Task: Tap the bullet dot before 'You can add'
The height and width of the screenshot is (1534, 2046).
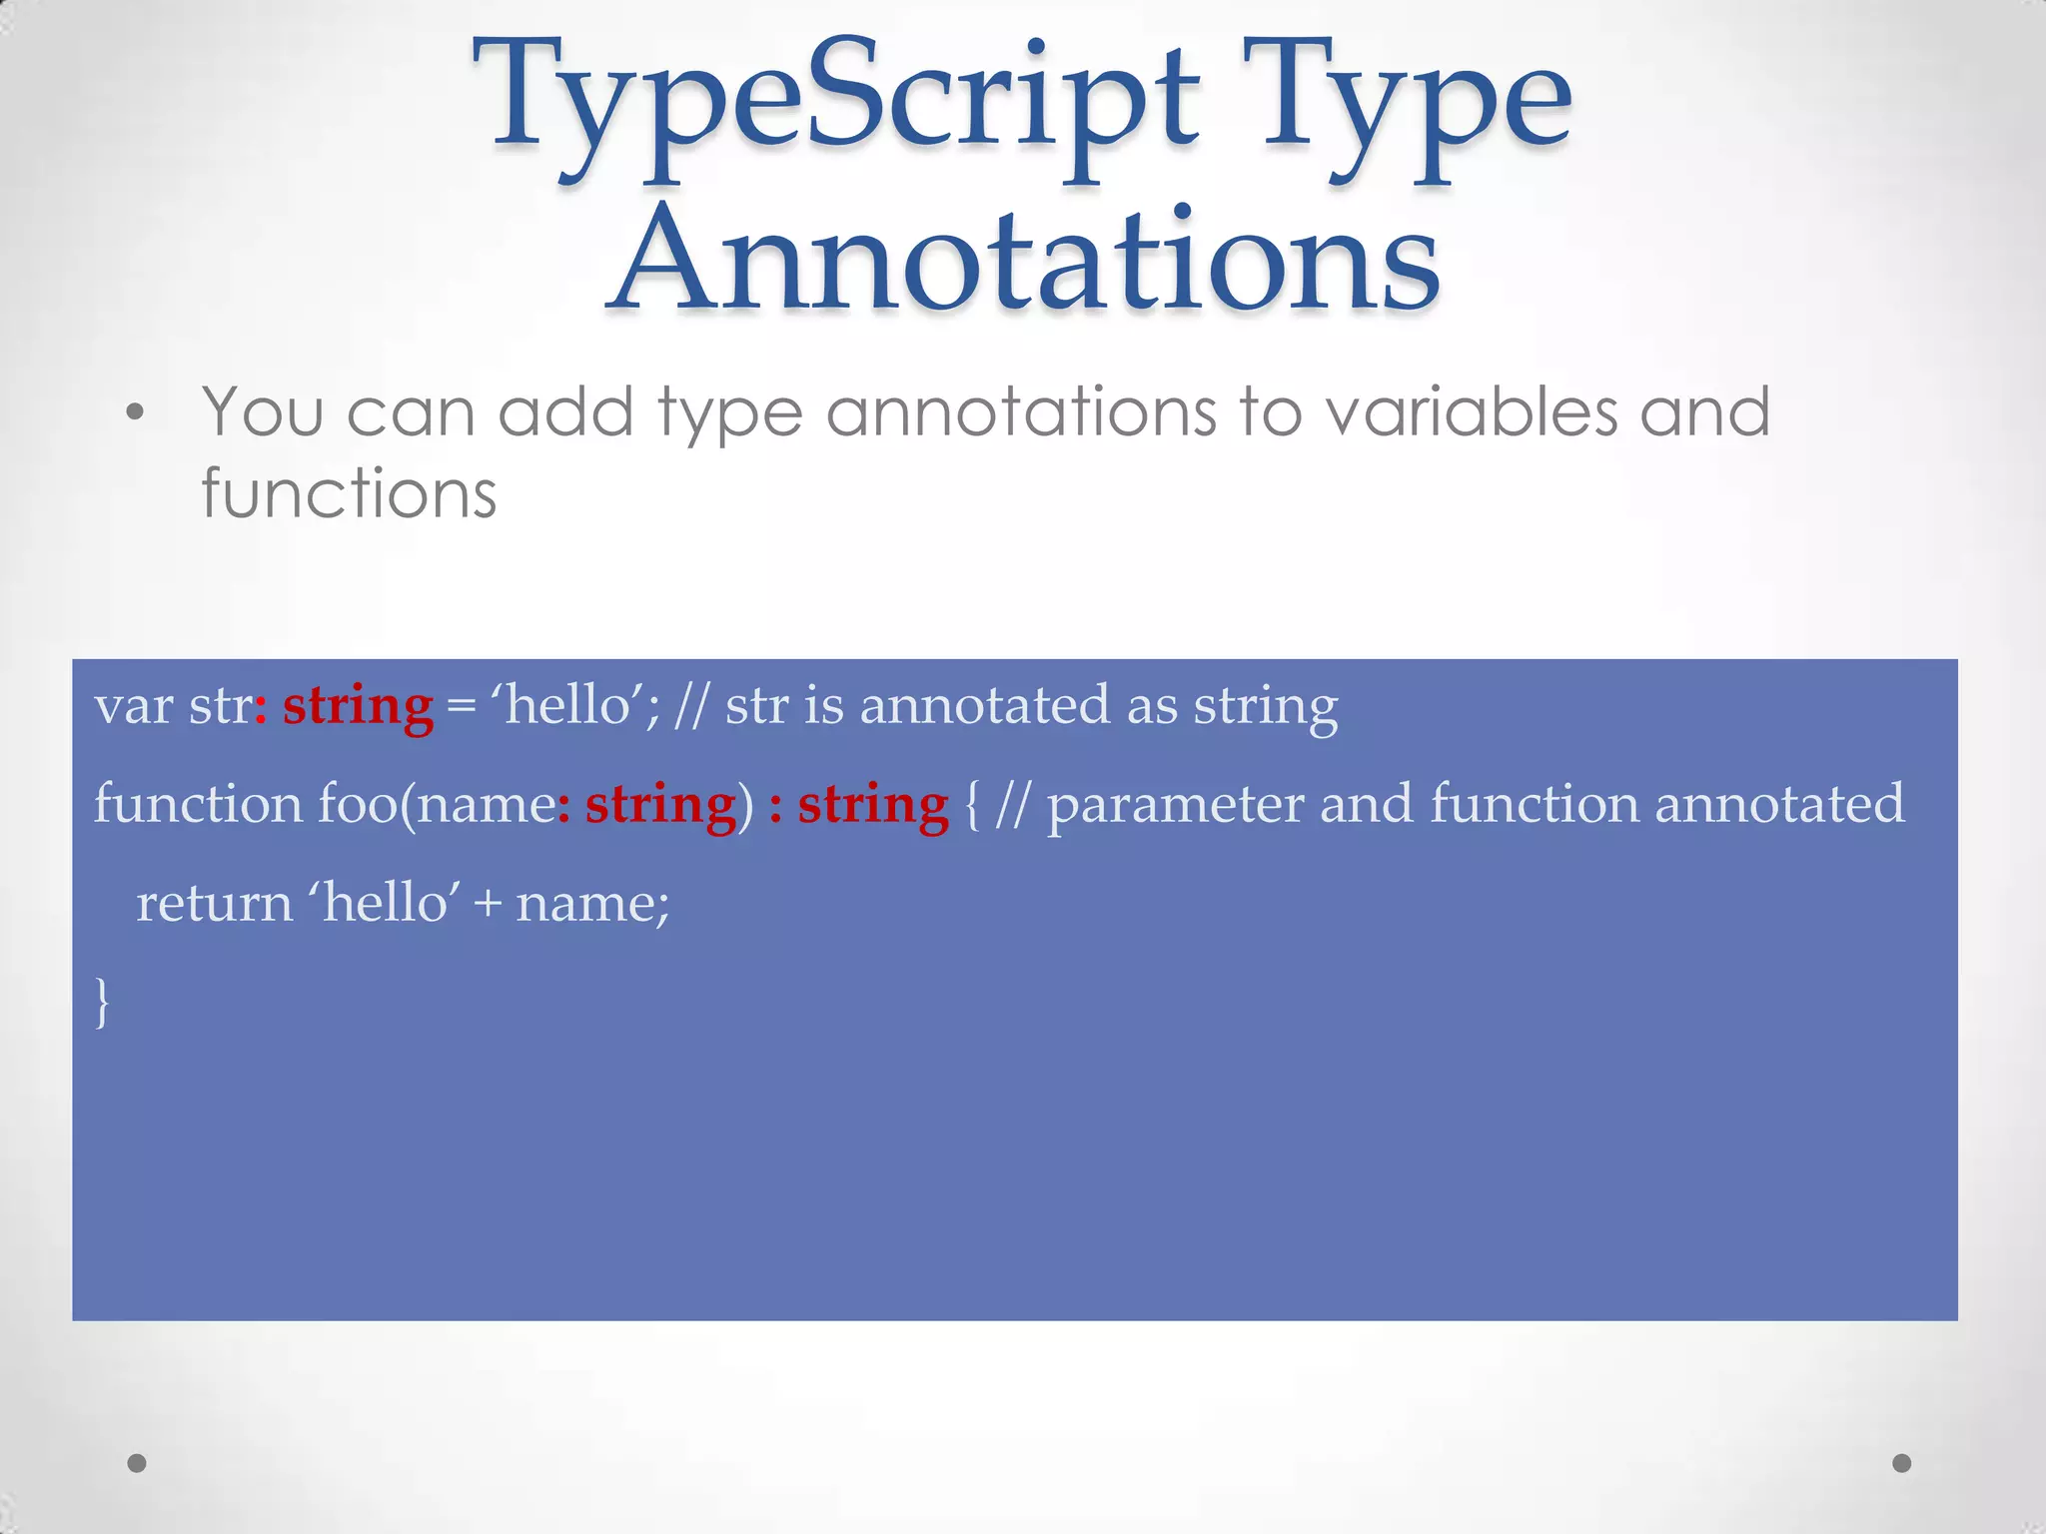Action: pos(136,412)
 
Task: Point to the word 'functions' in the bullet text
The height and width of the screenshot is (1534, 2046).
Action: pos(349,493)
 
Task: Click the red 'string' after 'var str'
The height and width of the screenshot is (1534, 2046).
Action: pos(358,707)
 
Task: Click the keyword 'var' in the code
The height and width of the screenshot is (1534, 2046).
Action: pos(133,707)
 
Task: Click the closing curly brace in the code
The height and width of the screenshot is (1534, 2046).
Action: pos(101,1002)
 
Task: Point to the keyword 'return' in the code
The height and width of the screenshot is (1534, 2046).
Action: pos(214,904)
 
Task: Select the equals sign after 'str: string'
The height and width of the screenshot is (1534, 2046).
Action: pos(461,707)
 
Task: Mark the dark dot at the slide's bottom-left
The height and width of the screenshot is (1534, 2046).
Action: pos(137,1463)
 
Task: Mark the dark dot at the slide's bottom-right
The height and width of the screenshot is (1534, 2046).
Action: pos(1902,1463)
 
